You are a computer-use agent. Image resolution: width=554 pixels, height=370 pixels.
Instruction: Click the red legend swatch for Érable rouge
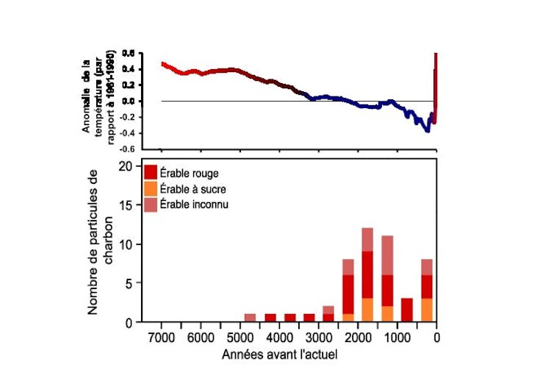[151, 173]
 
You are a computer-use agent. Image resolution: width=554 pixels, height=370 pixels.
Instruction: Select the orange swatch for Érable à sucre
[151, 188]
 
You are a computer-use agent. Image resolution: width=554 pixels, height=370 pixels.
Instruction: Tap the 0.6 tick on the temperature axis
[129, 54]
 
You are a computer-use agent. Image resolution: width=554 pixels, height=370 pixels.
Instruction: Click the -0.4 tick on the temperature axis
[127, 132]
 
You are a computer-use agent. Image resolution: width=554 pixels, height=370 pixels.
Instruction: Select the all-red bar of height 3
[406, 310]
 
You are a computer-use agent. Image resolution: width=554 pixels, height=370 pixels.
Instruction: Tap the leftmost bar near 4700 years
[250, 318]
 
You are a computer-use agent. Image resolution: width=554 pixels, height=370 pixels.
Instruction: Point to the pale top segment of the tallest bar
[367, 240]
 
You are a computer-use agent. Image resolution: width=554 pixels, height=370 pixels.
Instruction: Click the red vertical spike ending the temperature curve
[436, 81]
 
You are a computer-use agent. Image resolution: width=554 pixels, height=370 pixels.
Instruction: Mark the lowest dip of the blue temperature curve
[427, 130]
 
